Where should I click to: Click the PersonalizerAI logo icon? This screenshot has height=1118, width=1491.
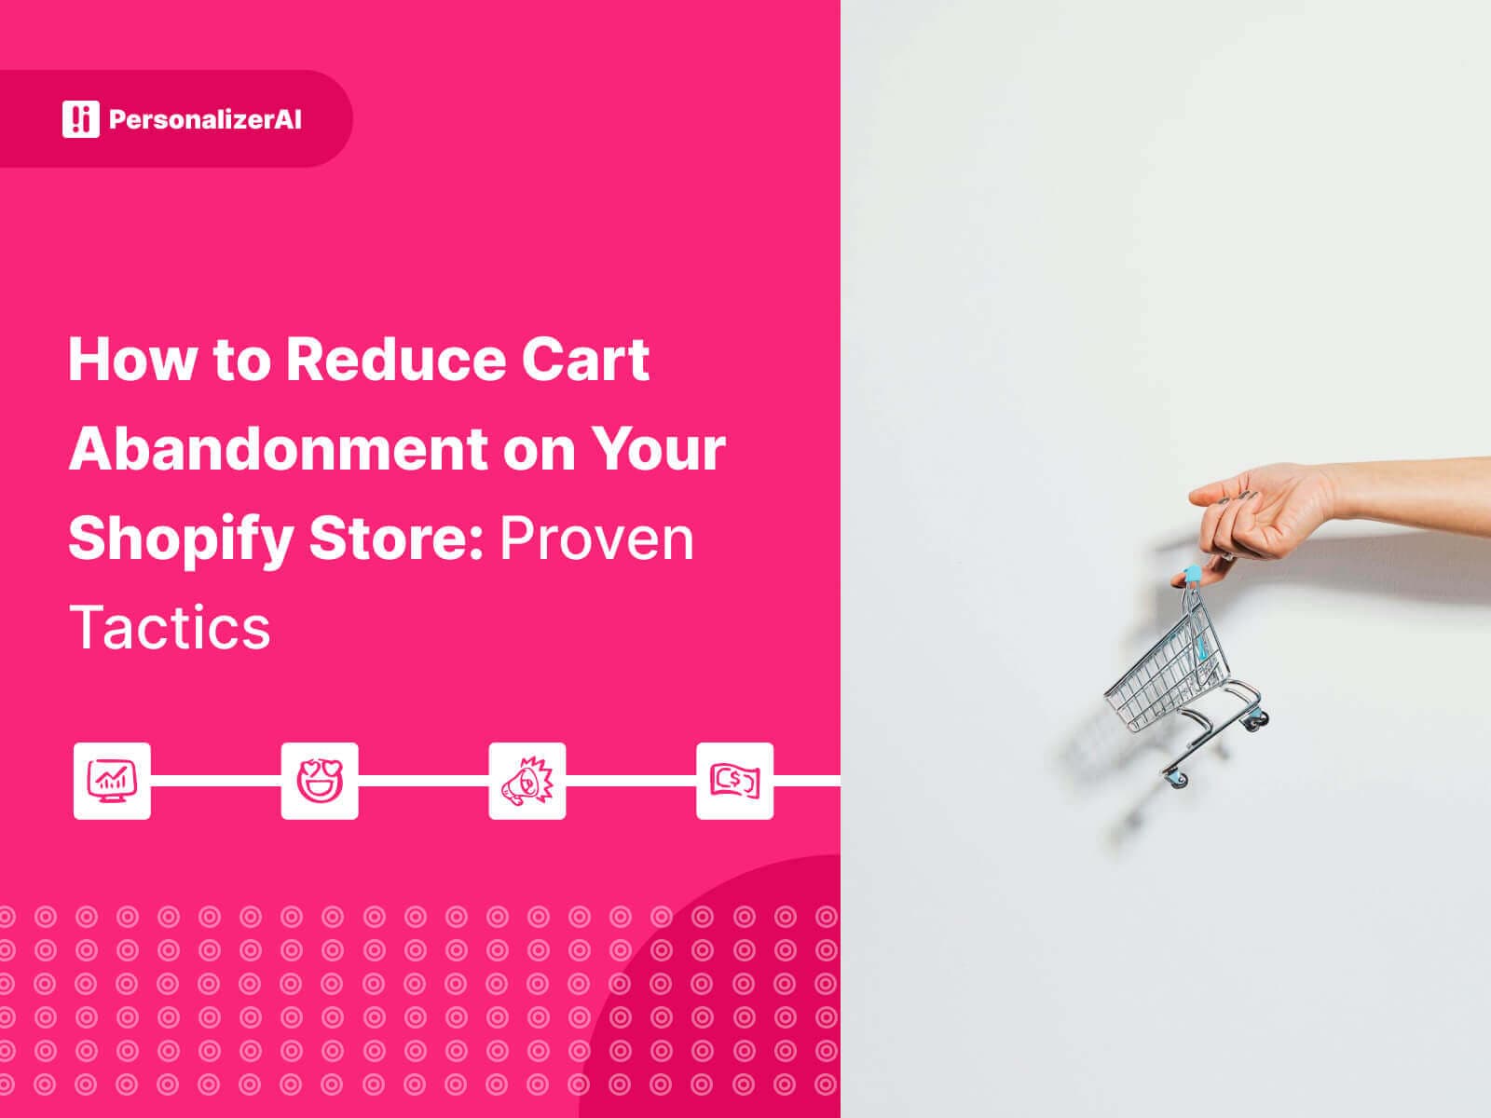click(80, 118)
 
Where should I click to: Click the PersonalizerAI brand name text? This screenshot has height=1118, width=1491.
click(205, 119)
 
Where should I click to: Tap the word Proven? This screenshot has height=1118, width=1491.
click(597, 539)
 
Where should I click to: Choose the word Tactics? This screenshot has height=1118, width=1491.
click(170, 627)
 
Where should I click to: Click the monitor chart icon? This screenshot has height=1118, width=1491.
click(112, 781)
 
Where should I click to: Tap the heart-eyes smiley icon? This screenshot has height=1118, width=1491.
click(320, 781)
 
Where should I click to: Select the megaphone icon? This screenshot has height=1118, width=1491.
click(527, 781)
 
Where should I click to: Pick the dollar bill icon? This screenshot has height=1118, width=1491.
click(734, 781)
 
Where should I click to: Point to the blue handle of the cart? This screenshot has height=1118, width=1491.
click(1191, 572)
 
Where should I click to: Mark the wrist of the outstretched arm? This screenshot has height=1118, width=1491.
click(1351, 486)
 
